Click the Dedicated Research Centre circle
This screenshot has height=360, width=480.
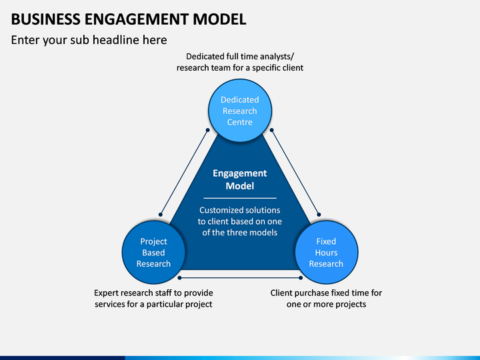click(x=240, y=111)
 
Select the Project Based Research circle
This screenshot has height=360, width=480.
click(x=153, y=252)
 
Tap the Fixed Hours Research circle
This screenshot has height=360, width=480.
click(x=326, y=252)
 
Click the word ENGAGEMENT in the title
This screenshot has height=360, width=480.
click(x=136, y=19)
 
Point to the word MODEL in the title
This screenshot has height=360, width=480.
click(x=219, y=19)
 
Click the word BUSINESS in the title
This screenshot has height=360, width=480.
click(x=45, y=19)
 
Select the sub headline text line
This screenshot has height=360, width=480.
click(x=89, y=40)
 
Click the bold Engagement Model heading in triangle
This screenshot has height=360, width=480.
click(x=240, y=179)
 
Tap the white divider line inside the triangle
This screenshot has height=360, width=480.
click(x=240, y=198)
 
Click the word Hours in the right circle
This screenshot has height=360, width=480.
click(x=326, y=253)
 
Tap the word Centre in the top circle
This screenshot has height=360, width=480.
click(x=240, y=122)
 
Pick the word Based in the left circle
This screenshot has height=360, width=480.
click(x=153, y=253)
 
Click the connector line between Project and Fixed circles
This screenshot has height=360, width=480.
click(x=240, y=277)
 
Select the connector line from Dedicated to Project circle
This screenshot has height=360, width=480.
click(x=184, y=173)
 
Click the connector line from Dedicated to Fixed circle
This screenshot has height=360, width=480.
click(x=295, y=173)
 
